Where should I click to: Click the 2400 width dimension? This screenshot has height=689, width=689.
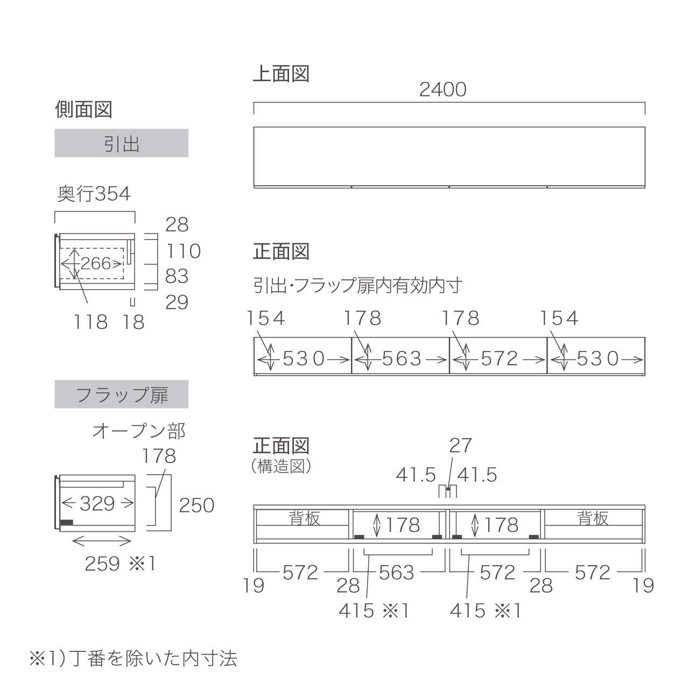click(x=442, y=89)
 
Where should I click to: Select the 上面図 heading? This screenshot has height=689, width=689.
click(x=281, y=74)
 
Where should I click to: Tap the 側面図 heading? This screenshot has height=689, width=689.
click(x=83, y=109)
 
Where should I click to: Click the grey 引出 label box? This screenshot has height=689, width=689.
click(x=122, y=143)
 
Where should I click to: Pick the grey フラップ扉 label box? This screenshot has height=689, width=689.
click(x=122, y=394)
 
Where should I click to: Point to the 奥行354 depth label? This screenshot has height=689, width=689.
click(x=94, y=194)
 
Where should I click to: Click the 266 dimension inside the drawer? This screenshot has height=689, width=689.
click(x=96, y=264)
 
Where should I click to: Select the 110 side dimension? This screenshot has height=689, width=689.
click(x=184, y=251)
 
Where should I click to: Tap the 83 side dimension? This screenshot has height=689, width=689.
click(x=177, y=276)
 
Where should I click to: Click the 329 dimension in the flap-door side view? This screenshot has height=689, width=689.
click(x=97, y=503)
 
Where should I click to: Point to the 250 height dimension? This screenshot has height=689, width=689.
click(x=196, y=505)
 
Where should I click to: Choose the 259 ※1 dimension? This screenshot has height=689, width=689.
click(x=120, y=564)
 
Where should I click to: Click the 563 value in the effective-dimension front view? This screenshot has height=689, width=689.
click(x=402, y=358)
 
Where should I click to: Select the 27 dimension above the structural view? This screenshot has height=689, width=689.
click(x=461, y=446)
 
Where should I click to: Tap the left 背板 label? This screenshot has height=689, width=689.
click(x=304, y=518)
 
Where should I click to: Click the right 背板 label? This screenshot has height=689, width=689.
click(x=593, y=518)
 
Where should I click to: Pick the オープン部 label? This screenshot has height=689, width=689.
click(x=139, y=431)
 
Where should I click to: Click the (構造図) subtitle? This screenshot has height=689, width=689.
click(x=282, y=466)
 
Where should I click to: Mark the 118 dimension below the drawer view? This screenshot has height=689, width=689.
click(x=90, y=322)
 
